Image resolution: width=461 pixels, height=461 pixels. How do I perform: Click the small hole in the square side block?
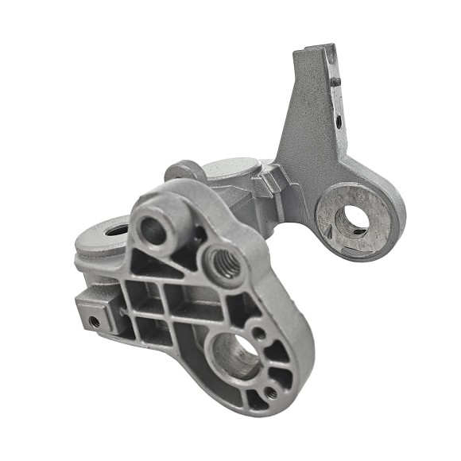pyautogui.click(x=95, y=321)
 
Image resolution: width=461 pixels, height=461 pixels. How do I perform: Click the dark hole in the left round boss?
pyautogui.click(x=116, y=230)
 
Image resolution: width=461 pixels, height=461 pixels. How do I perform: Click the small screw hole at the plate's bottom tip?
pyautogui.click(x=271, y=393)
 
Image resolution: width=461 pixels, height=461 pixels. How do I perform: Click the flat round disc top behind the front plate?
pyautogui.click(x=230, y=169)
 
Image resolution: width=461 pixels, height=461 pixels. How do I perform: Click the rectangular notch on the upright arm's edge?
pyautogui.click(x=336, y=79)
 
